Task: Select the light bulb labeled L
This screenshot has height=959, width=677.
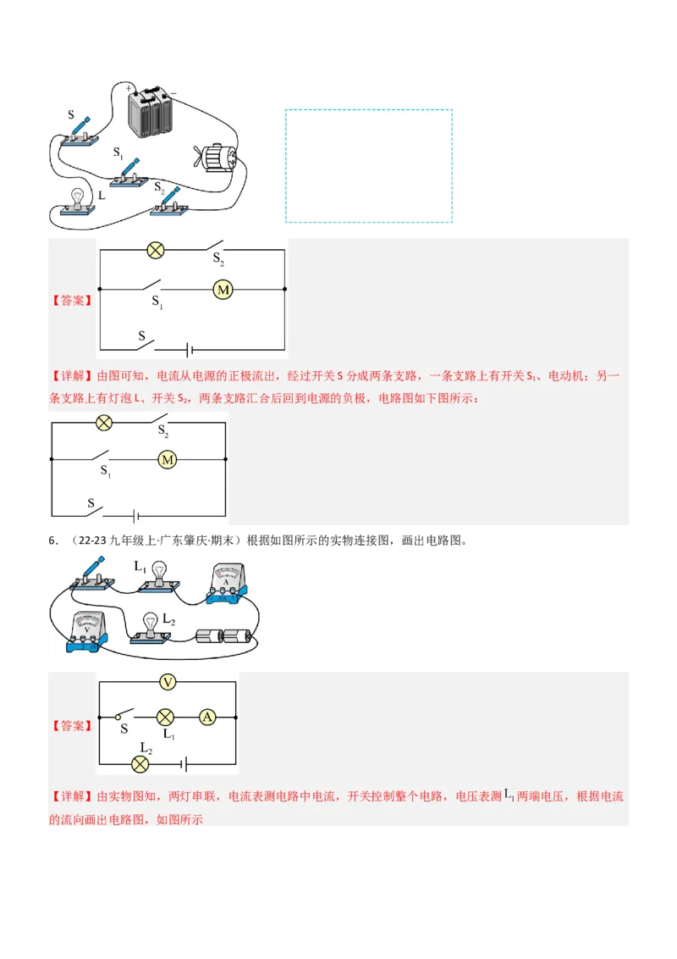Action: pos(77,199)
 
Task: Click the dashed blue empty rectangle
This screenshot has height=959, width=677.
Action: pos(368,165)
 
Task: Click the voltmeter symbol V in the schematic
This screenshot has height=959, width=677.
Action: pos(168,682)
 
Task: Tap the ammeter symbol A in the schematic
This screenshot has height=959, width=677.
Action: pos(206,717)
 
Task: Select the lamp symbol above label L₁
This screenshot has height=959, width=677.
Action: pos(167,717)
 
